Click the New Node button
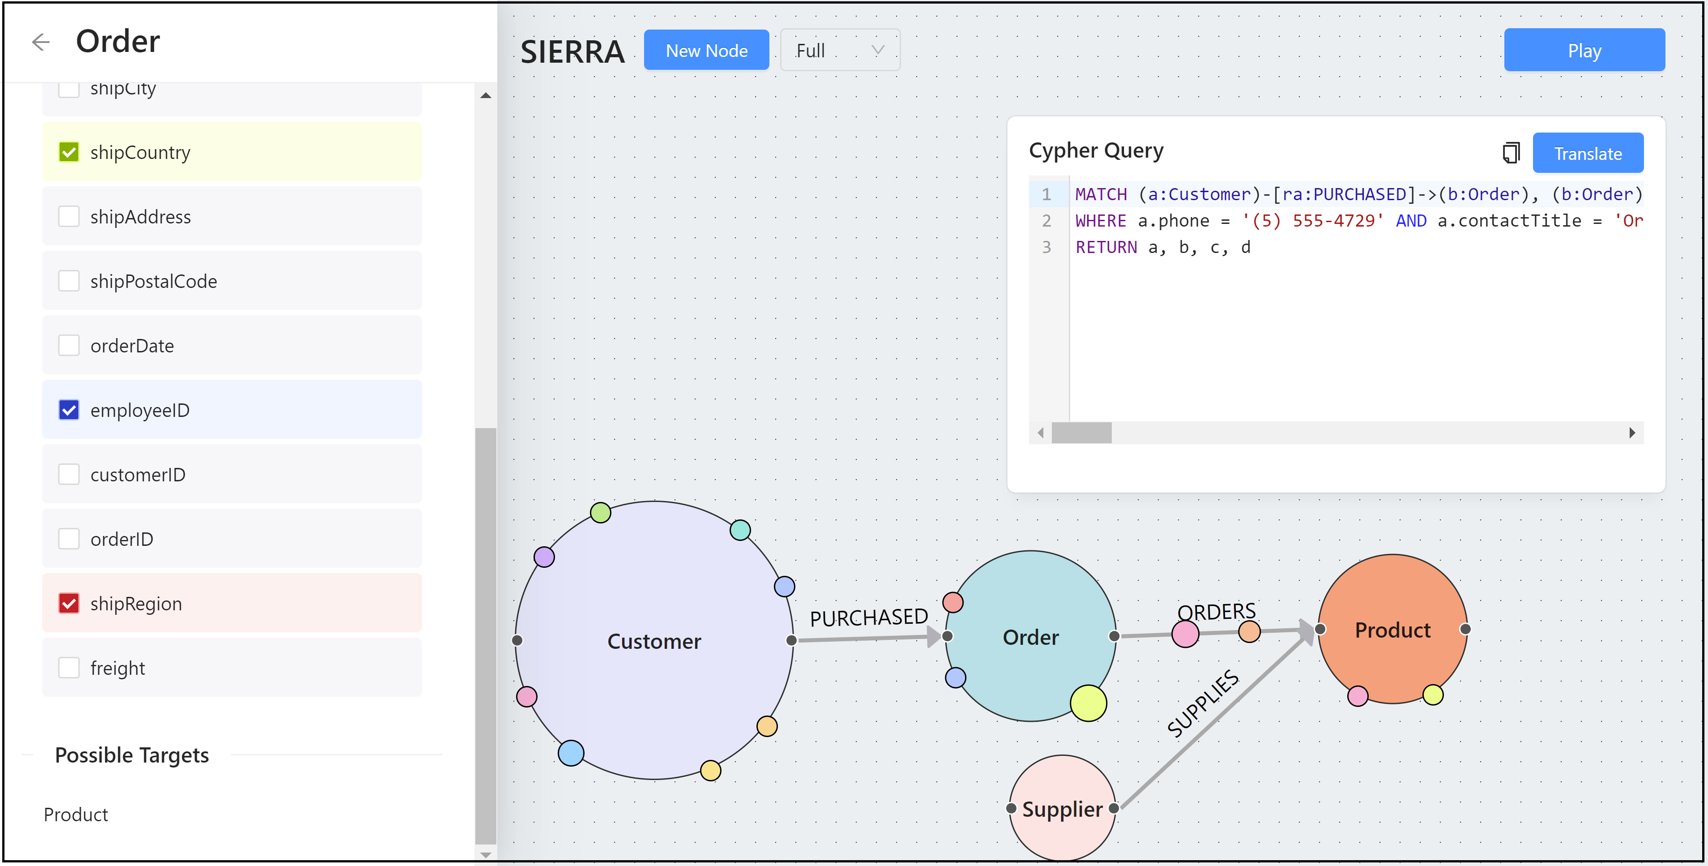click(x=706, y=51)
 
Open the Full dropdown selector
click(x=840, y=51)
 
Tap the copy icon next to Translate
click(x=1511, y=153)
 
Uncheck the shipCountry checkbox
click(x=69, y=152)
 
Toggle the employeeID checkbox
click(x=69, y=410)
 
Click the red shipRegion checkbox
click(x=69, y=603)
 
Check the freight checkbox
click(x=69, y=667)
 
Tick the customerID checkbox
click(x=69, y=474)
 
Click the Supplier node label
click(x=1062, y=809)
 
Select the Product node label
click(x=1392, y=630)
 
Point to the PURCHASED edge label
click(x=869, y=617)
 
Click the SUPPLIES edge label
click(x=1203, y=703)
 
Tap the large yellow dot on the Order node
click(x=1088, y=703)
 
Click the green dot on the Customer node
click(x=600, y=513)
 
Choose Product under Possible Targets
click(x=76, y=814)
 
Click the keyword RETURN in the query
click(x=1105, y=247)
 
